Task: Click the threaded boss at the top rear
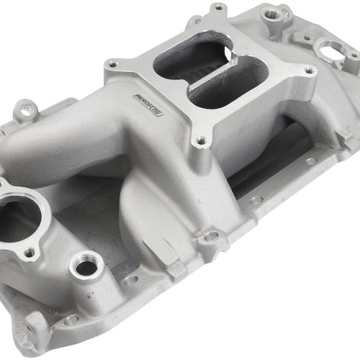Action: [271, 13]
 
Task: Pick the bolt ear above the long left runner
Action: [27, 109]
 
